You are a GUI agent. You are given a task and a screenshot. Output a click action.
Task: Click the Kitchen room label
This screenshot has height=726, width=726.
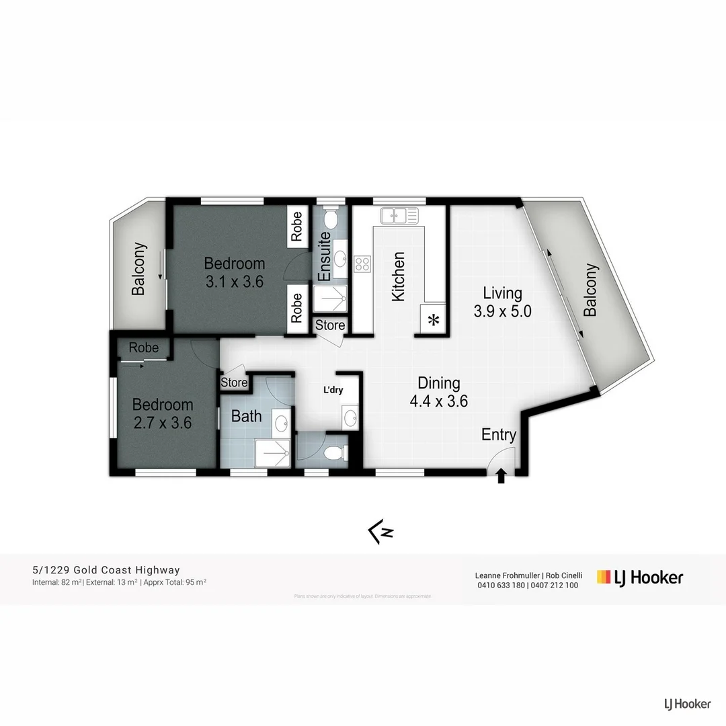[398, 276]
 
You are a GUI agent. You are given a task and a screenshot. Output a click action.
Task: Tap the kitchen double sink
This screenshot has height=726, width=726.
[399, 216]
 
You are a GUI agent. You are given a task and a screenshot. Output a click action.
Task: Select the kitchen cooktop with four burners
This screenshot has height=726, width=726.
[363, 264]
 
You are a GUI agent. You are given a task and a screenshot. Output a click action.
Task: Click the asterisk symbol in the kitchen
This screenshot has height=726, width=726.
[434, 320]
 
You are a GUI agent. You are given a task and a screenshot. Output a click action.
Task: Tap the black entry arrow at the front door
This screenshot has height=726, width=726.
[501, 477]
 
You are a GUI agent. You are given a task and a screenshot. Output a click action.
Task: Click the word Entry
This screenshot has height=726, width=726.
[499, 435]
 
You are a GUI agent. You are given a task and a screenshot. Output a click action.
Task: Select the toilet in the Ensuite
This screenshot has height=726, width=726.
[331, 218]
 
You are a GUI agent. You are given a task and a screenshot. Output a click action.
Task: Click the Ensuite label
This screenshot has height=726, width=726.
[324, 257]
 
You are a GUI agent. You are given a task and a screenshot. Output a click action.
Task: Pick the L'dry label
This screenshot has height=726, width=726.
[335, 389]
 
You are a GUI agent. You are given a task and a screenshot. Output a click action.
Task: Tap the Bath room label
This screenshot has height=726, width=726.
[246, 416]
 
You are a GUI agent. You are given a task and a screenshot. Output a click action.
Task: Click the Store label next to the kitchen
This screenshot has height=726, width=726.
[330, 325]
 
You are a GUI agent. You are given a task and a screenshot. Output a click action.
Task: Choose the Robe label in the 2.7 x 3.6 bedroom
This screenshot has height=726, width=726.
[144, 348]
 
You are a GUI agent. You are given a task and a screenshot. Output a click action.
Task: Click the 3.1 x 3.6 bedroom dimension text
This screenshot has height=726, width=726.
[234, 282]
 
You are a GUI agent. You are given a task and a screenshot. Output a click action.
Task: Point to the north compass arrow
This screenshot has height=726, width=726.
[380, 532]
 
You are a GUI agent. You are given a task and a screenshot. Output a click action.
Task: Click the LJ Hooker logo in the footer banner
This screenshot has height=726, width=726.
[640, 577]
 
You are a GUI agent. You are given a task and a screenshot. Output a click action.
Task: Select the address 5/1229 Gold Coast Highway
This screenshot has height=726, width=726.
[106, 571]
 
